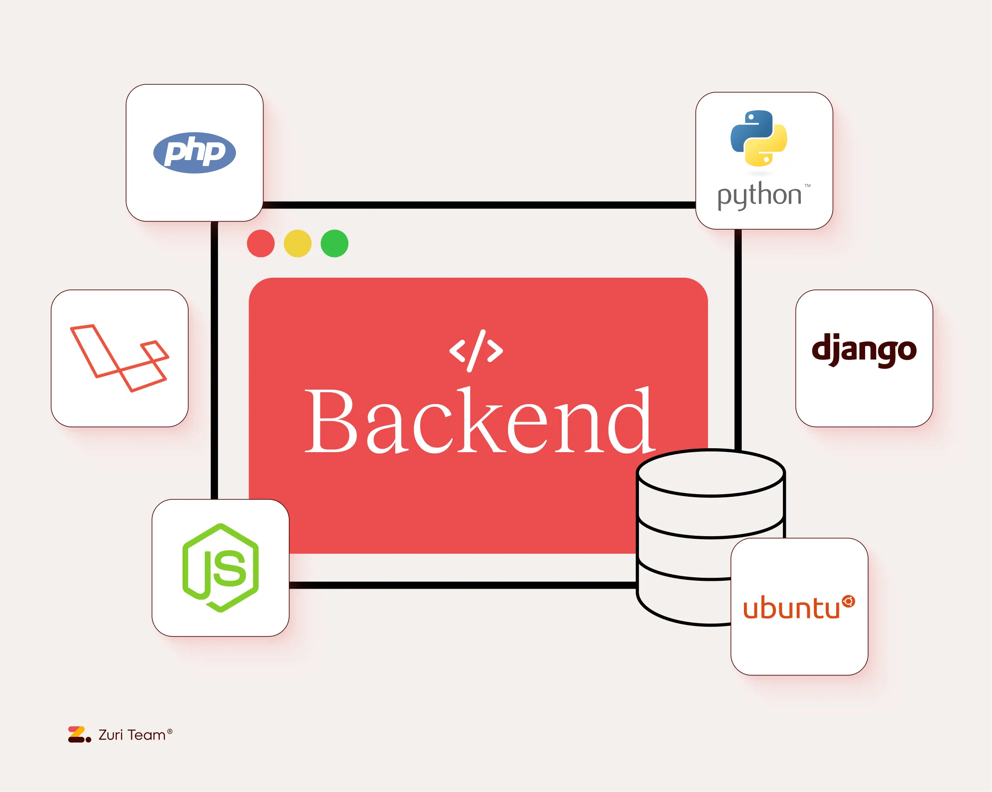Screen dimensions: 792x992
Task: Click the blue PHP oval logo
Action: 194,153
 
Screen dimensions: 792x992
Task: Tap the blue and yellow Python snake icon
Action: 759,138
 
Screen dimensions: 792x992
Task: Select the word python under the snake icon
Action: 759,195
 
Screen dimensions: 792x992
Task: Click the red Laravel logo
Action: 119,358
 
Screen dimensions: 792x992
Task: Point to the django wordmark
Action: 864,350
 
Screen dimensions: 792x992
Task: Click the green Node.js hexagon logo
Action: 221,568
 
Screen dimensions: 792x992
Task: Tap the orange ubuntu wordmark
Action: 792,608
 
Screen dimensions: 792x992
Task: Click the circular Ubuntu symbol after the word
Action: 848,601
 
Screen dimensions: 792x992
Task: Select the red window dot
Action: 260,243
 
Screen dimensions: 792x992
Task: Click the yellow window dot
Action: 297,243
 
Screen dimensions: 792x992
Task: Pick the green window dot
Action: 334,243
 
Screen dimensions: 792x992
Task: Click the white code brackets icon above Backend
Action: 476,350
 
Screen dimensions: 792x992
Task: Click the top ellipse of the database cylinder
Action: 711,473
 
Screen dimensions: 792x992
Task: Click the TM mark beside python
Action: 807,186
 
